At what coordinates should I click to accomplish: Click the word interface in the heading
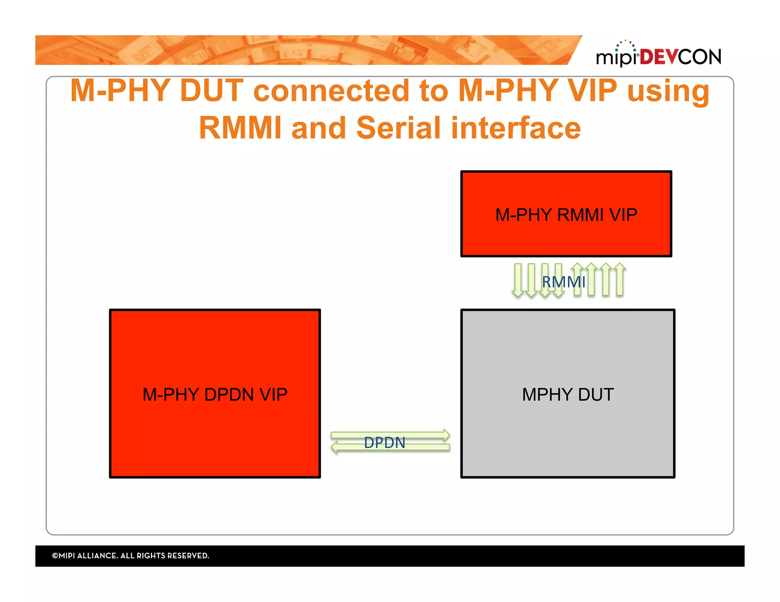(516, 128)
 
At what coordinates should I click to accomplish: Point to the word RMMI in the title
(240, 128)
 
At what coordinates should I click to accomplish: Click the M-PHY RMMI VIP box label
(566, 215)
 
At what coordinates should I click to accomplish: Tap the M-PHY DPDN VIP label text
(215, 395)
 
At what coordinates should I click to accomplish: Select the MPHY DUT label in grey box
(567, 395)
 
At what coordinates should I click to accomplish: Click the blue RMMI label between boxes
(563, 282)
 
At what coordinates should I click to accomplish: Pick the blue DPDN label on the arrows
(384, 443)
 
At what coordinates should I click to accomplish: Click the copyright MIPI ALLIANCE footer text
(130, 556)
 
